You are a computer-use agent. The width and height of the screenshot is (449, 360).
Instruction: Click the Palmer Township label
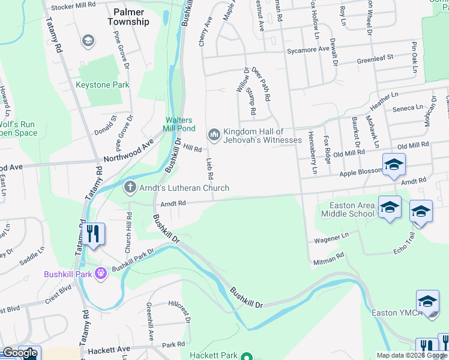(128, 16)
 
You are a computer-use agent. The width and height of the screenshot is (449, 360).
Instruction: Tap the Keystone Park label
(102, 85)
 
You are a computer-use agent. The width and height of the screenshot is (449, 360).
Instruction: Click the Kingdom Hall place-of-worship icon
(214, 134)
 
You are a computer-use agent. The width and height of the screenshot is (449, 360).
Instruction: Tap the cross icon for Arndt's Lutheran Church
(130, 188)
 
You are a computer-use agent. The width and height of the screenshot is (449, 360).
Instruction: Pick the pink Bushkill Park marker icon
(101, 274)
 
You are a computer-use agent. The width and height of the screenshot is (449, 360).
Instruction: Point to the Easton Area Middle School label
(348, 209)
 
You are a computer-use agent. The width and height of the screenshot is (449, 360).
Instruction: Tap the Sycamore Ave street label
(308, 49)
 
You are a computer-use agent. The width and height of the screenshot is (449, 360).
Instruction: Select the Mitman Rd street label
(328, 257)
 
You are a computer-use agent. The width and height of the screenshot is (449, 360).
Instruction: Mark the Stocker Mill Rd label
(73, 5)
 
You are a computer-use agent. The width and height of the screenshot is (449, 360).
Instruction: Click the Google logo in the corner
(20, 353)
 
